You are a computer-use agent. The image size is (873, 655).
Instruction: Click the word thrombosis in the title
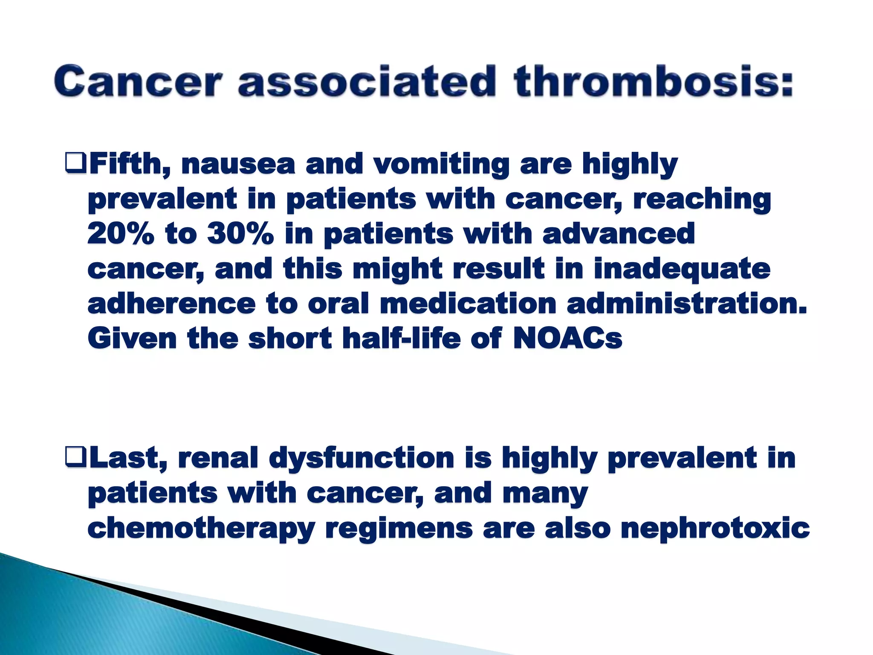653,81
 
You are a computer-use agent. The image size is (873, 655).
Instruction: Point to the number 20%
121,234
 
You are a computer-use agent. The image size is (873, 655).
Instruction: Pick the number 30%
240,234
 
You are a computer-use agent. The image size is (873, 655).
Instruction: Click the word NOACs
567,339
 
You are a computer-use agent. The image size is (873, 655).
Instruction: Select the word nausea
238,165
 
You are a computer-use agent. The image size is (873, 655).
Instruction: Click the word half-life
402,339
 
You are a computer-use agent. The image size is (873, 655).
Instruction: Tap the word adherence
171,304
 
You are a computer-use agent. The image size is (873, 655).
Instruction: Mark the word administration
687,304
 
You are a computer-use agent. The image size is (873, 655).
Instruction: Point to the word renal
218,458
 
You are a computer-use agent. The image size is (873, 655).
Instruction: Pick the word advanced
619,234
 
